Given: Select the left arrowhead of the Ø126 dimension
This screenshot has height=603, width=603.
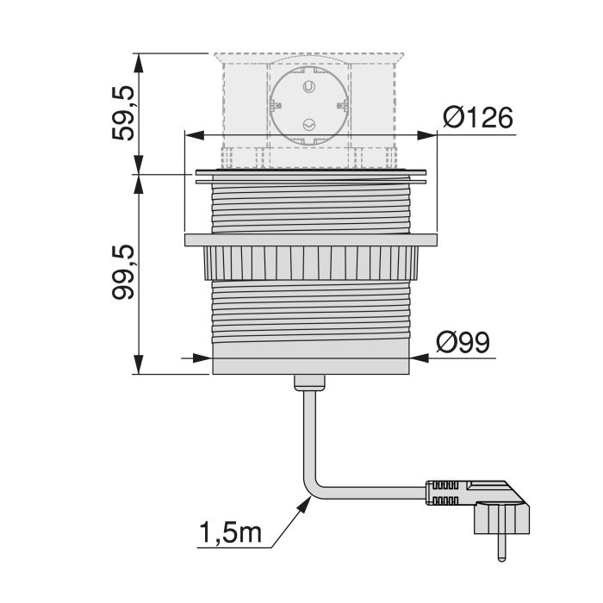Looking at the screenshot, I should click(192, 135).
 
